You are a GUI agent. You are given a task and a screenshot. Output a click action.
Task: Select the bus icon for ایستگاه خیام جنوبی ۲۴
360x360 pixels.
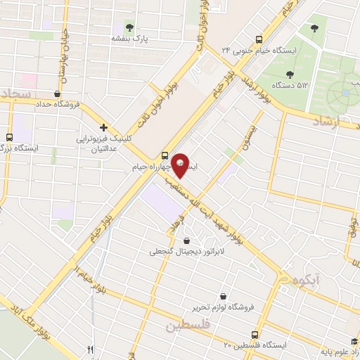pyautogui.click(x=259, y=40)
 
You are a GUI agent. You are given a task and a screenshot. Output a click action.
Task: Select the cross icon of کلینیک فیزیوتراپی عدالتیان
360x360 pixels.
pyautogui.click(x=103, y=128)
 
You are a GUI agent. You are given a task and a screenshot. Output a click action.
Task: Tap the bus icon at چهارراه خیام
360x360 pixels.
pyautogui.click(x=165, y=156)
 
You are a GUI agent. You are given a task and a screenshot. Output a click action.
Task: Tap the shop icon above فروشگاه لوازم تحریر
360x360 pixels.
pyautogui.click(x=224, y=297)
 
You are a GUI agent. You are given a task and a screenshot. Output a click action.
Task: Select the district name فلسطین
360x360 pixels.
pyautogui.click(x=188, y=326)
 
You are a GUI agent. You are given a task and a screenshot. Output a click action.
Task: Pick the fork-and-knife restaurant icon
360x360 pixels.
pyautogui.click(x=89, y=349)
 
